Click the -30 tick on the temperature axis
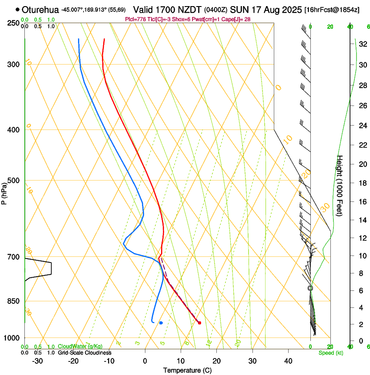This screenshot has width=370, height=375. [37, 361]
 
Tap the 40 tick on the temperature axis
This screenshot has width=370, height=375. [288, 361]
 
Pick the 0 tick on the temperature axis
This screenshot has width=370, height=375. [145, 361]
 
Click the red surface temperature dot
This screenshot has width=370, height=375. [199, 323]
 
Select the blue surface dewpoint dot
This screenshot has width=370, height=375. [161, 323]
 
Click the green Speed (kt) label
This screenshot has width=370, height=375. [330, 353]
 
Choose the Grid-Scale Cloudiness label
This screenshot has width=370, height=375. [84, 353]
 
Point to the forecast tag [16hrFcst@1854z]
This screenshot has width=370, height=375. [332, 10]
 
